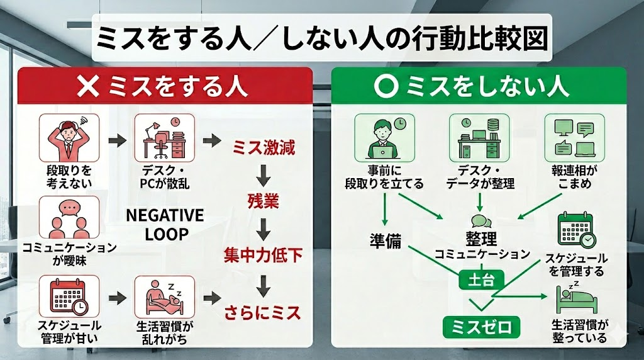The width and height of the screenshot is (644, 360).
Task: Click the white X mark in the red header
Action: (88, 86)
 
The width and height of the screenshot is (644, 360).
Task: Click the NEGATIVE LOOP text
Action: (165, 225)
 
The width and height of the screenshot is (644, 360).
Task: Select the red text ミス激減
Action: (264, 147)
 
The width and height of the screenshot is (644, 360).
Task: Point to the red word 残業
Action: (264, 201)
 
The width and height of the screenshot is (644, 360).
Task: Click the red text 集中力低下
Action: (264, 255)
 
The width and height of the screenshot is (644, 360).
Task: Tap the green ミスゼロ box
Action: (481, 327)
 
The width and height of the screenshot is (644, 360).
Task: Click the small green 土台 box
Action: (481, 280)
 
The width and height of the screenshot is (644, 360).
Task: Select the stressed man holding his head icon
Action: (69, 138)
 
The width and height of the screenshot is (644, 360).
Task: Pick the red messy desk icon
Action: (164, 138)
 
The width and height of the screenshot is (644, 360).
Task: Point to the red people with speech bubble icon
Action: (69, 217)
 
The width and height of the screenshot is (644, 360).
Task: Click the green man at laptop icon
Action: (384, 138)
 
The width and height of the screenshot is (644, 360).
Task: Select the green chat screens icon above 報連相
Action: (574, 138)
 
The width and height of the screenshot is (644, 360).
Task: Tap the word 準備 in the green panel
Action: (386, 241)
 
